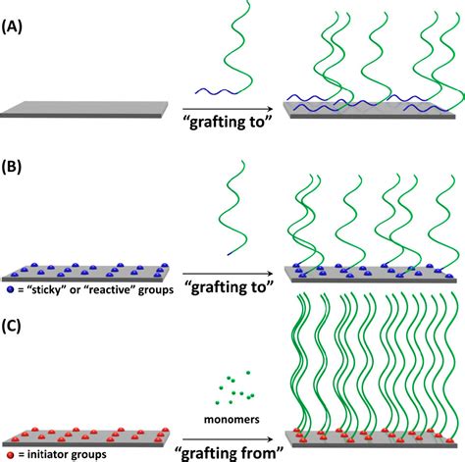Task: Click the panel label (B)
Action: (21, 168)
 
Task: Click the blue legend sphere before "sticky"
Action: (10, 290)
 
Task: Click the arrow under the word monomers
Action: (231, 436)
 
